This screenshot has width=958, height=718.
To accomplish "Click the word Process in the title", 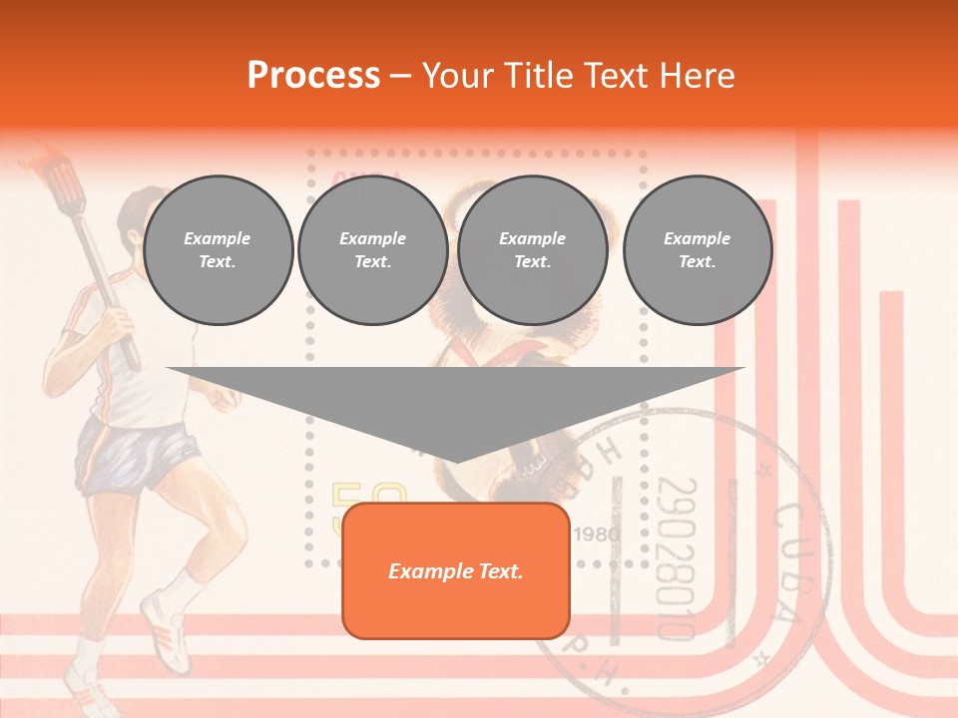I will pos(313,76).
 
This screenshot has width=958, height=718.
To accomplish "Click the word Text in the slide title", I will pos(620,76).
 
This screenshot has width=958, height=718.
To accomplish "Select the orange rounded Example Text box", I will pos(455,571).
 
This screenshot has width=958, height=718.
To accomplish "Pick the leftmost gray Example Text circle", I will pos(218,250).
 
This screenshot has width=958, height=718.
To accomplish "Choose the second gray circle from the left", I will pos(372,250).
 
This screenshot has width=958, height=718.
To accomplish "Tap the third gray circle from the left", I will pos(532,250).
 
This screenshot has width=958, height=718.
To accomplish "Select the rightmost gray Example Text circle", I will pos(698,250).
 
